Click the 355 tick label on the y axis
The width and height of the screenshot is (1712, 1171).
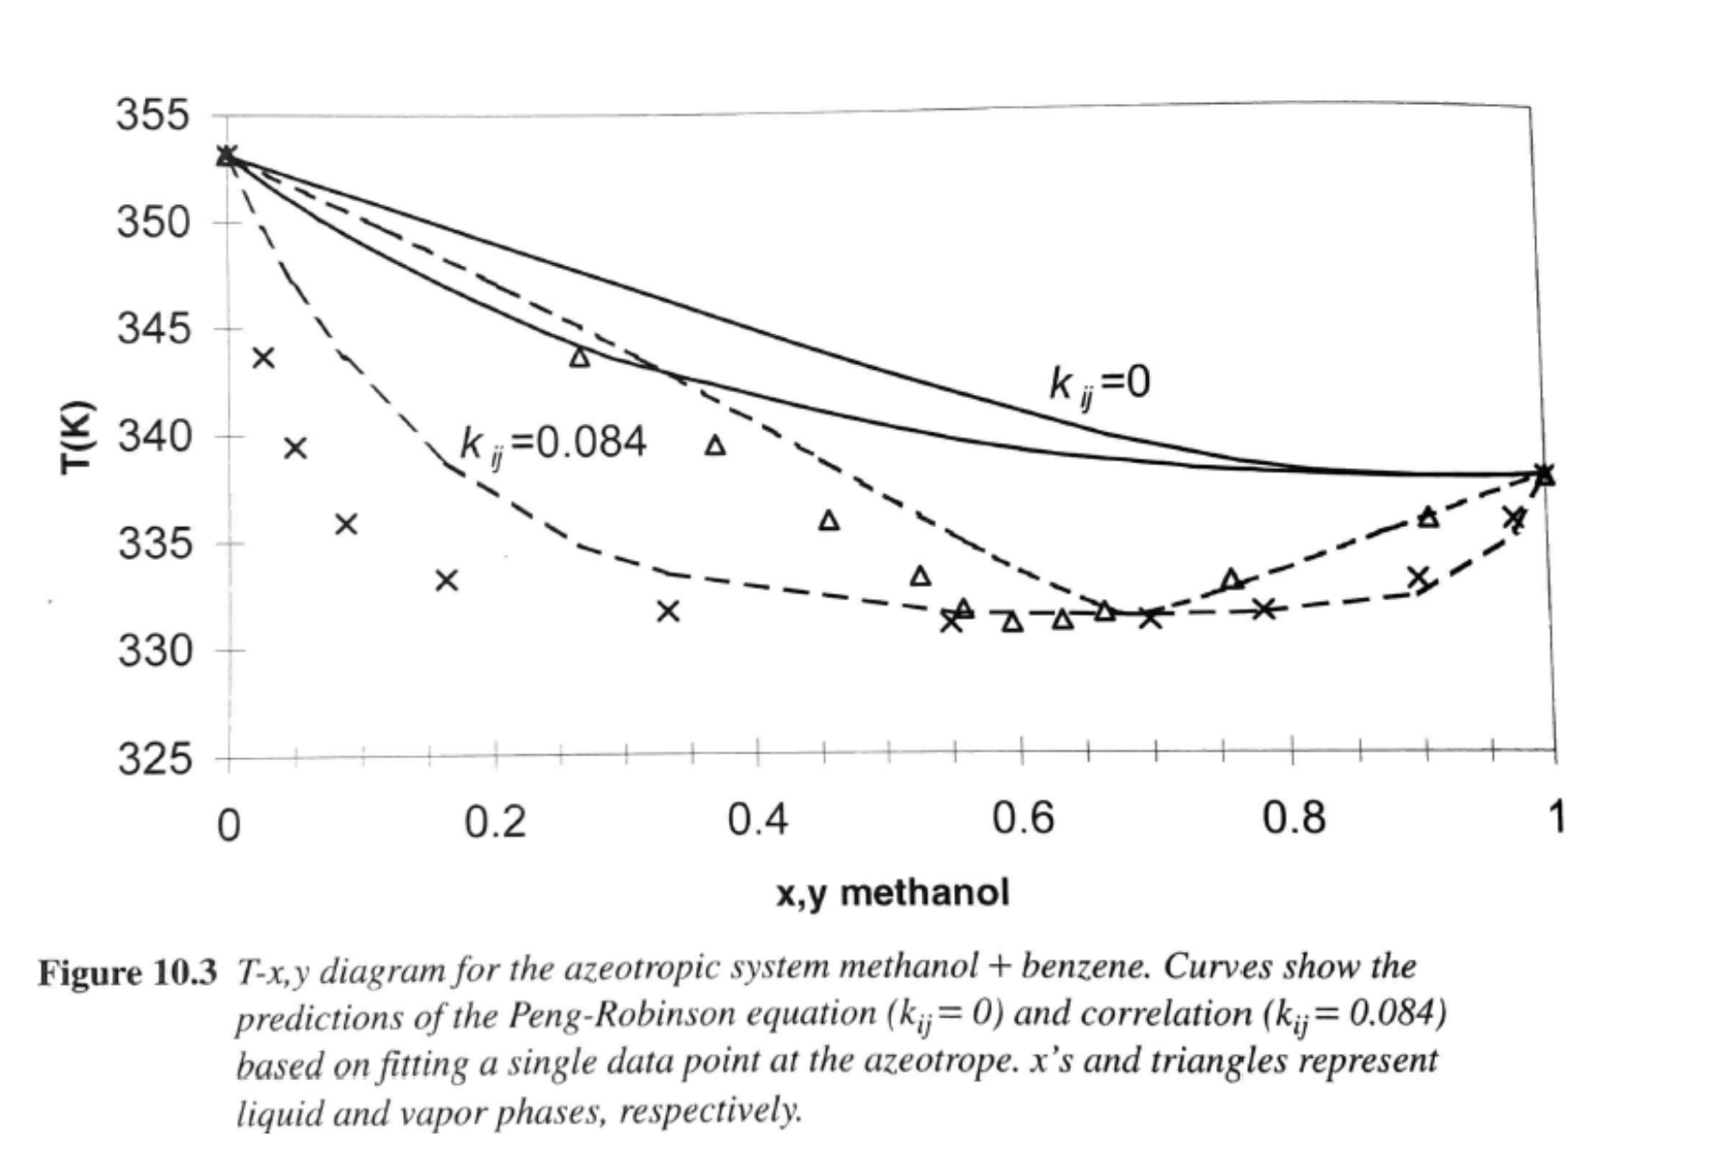pyautogui.click(x=152, y=117)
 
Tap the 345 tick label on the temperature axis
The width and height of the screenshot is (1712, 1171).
pyautogui.click(x=153, y=329)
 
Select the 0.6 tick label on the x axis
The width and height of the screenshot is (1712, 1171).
pyautogui.click(x=1023, y=820)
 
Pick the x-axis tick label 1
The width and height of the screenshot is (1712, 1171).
pyautogui.click(x=1556, y=817)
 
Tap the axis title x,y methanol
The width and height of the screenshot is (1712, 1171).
pyautogui.click(x=892, y=893)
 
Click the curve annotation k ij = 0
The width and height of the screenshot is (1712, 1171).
pyautogui.click(x=1098, y=383)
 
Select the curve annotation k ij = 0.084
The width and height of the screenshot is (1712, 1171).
pyautogui.click(x=553, y=442)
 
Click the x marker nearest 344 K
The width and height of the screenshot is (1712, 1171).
pyautogui.click(x=264, y=358)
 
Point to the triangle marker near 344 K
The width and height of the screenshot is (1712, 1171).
pyautogui.click(x=580, y=357)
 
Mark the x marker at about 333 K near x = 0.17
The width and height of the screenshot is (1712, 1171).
pyautogui.click(x=447, y=580)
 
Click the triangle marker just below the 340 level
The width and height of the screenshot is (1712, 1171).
pyautogui.click(x=715, y=446)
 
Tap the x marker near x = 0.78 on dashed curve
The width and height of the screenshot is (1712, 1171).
pyautogui.click(x=1264, y=609)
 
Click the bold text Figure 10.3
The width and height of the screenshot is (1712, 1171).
pyautogui.click(x=126, y=973)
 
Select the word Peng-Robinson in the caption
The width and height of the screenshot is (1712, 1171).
pyautogui.click(x=599, y=1016)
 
